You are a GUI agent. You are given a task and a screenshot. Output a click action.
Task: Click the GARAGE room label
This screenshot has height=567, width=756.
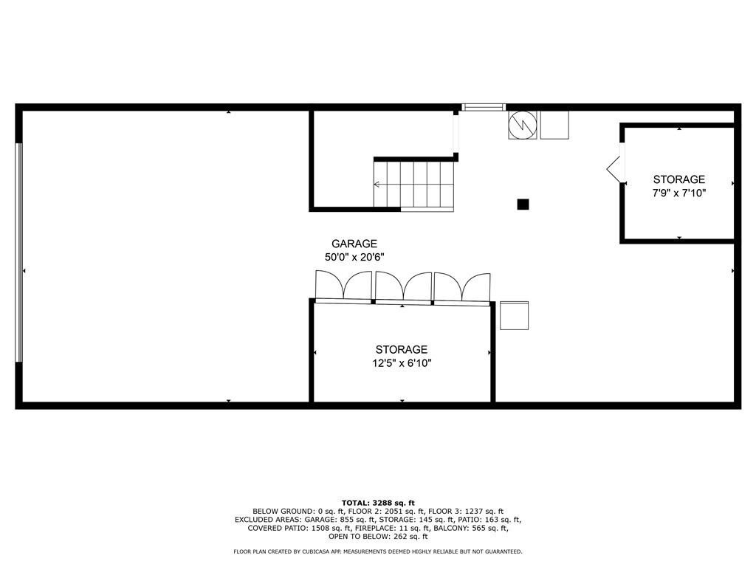(354, 244)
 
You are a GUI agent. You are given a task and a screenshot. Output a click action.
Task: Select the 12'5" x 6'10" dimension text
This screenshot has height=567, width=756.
(402, 363)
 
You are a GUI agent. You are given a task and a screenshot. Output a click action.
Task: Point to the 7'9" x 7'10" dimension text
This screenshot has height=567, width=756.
(679, 193)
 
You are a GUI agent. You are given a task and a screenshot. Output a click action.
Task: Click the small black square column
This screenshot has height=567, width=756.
(523, 205)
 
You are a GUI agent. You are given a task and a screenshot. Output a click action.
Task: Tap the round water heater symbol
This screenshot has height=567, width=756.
(522, 124)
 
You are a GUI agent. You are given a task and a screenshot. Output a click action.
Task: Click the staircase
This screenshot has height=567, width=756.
(413, 185)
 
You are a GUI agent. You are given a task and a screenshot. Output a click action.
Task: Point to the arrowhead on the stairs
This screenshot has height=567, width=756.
(377, 185)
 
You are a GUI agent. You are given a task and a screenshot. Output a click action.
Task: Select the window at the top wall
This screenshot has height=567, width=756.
(484, 108)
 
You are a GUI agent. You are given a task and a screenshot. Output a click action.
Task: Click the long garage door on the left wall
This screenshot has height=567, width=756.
(19, 252)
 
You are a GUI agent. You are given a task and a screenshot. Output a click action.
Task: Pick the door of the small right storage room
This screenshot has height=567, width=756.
(615, 168)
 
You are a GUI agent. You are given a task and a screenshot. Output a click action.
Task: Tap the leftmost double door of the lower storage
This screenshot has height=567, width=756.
(343, 286)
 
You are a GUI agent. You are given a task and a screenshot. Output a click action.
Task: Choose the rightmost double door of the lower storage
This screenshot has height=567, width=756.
(462, 287)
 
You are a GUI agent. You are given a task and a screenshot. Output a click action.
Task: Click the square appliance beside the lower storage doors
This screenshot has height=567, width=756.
(514, 315)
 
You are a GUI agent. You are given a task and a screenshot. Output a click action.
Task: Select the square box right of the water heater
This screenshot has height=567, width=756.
(554, 124)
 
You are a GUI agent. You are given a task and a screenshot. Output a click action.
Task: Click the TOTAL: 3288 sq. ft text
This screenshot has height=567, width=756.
(377, 502)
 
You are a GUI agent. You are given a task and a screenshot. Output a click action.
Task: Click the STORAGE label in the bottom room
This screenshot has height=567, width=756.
(402, 350)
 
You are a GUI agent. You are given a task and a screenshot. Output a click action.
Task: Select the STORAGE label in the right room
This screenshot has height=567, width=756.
(679, 179)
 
